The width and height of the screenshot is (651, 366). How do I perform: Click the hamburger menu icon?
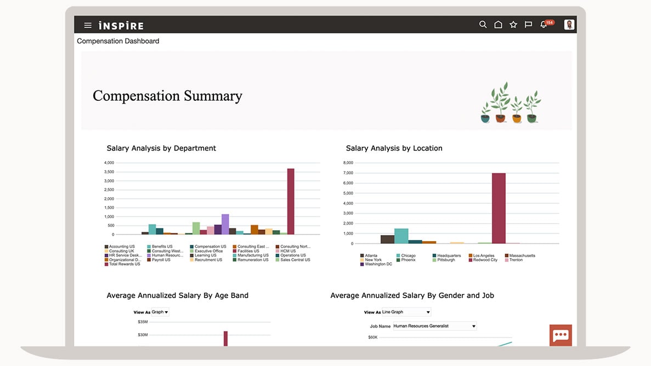pos(88,25)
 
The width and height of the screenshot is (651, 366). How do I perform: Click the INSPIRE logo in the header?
pos(121,26)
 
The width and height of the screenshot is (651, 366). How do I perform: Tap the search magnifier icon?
pos(483,25)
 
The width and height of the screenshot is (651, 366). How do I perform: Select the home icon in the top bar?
pos(498,25)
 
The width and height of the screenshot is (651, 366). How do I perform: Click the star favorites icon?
pos(513,25)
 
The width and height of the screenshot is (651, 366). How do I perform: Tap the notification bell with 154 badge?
pos(544,25)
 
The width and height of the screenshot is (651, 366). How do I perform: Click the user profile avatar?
pos(569,25)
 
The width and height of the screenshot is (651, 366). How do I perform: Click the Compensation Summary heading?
pos(167,96)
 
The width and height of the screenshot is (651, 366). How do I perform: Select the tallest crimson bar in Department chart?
pos(291,201)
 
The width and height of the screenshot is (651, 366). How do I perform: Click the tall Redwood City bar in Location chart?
pos(499,208)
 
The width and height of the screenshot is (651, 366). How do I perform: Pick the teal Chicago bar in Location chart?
pos(401,236)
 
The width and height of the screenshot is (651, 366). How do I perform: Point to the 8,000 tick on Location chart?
pos(348,163)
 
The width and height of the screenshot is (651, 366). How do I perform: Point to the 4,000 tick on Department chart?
pos(109,163)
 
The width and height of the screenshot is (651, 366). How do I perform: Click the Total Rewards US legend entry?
pos(124,264)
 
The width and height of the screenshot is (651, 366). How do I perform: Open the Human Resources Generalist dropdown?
pos(434,326)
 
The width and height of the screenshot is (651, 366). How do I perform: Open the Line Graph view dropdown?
pos(406,312)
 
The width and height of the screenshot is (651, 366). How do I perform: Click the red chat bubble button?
pos(561,335)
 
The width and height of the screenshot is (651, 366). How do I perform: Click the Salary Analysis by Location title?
pos(394,148)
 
